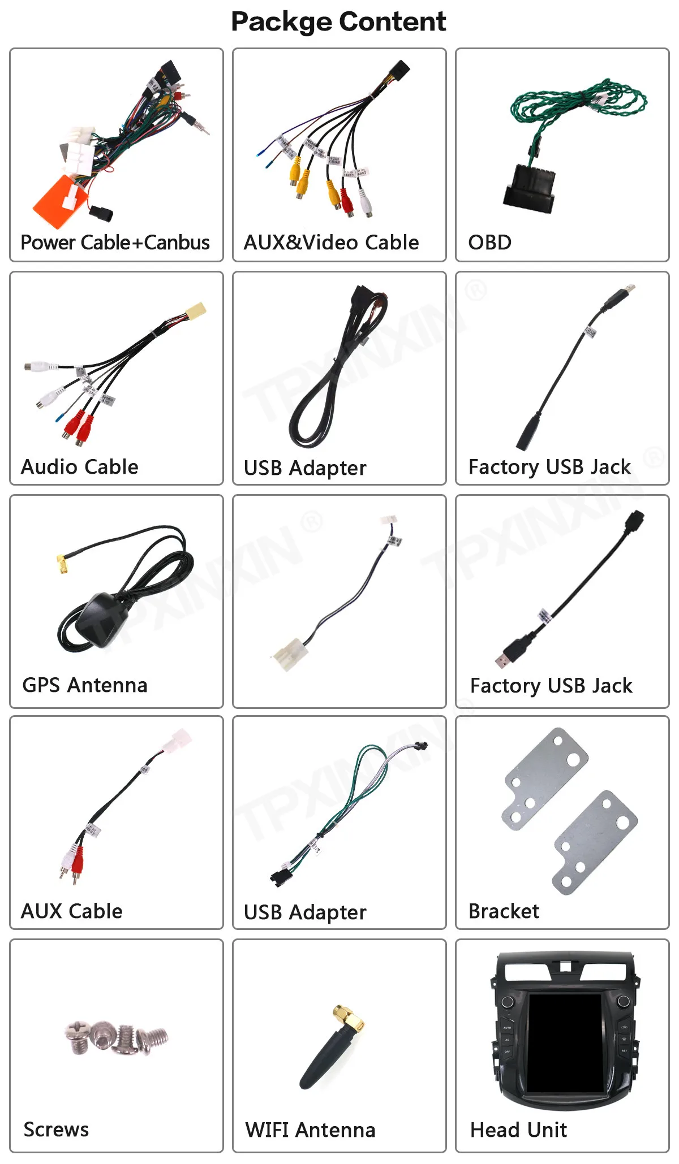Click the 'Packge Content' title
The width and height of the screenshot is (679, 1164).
point(338,22)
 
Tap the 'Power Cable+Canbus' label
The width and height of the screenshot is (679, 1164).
point(115,243)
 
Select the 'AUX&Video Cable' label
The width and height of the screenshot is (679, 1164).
point(331,243)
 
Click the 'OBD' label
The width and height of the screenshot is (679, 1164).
point(489,243)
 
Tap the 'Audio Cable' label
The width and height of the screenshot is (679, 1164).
point(79,467)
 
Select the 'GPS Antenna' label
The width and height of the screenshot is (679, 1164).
point(85,685)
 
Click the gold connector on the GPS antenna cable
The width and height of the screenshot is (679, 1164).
point(62,564)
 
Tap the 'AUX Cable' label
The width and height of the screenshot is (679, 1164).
point(71,911)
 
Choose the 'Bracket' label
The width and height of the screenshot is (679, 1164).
point(504,911)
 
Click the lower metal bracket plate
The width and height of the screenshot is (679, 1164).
point(594,842)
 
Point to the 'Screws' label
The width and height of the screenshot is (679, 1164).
point(56,1130)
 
